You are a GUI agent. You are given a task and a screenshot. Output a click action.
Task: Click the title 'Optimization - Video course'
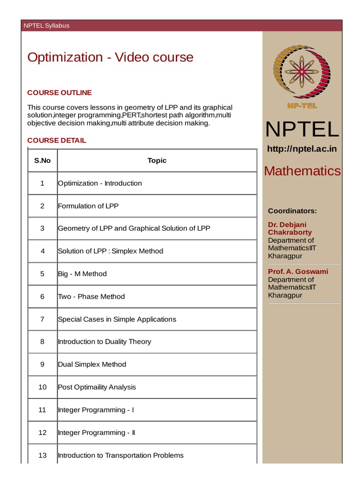point(110,57)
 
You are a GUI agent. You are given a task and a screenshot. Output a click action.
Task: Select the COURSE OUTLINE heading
point(60,93)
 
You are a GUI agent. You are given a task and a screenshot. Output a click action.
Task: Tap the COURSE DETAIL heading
point(57,140)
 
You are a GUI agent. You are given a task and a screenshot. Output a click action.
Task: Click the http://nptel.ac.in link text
point(302,149)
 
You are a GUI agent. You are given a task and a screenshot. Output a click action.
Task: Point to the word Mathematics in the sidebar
point(302,171)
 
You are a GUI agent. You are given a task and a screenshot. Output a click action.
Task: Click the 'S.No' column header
point(42,160)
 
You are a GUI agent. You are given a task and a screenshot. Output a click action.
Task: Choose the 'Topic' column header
point(157,160)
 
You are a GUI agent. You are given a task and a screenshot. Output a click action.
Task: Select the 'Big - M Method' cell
point(82,274)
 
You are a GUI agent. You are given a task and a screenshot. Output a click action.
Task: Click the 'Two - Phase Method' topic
point(91,296)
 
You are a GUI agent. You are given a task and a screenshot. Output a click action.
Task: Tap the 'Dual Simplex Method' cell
point(92,364)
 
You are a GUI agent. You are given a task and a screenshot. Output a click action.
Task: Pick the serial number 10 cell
point(42,387)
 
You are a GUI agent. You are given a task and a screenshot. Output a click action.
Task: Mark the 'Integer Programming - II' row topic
point(97,433)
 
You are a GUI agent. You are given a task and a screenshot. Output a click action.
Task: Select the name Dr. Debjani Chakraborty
point(290,228)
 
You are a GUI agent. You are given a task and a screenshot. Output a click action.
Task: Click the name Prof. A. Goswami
point(298,271)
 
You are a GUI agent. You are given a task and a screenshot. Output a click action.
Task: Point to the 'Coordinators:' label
point(292,211)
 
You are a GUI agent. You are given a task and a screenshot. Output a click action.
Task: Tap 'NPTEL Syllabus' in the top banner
point(46,25)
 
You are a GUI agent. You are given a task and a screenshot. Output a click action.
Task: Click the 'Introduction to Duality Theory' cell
point(105,342)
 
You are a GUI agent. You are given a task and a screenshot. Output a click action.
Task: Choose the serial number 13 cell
point(42,455)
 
